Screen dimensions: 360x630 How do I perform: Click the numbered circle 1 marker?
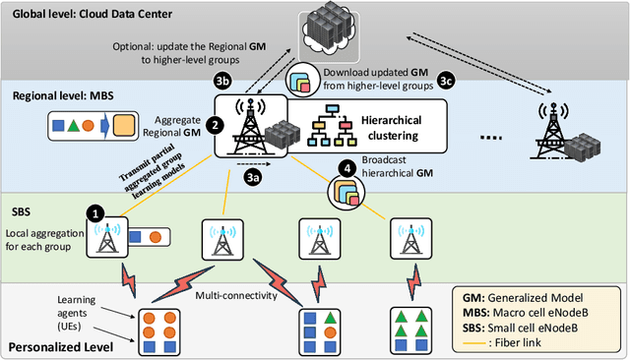tap(95, 212)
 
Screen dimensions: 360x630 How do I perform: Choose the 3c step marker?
tap(447, 82)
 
